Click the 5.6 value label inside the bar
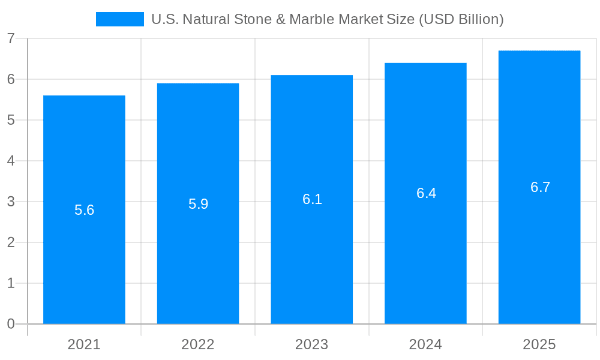coord(84,210)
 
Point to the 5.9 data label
coord(198,204)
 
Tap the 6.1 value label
coord(312,200)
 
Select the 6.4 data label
coord(426,193)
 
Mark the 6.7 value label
coord(540,187)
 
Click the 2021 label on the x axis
coord(84,344)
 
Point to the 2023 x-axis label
coord(312,344)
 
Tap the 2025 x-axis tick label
coord(539,344)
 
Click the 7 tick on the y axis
coord(11,38)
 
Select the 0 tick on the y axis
coord(11,324)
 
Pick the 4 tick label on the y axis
coord(11,161)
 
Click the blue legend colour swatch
coord(120,19)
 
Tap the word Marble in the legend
coord(312,19)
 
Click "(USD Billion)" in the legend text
coord(461,19)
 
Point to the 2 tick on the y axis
coord(11,242)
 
